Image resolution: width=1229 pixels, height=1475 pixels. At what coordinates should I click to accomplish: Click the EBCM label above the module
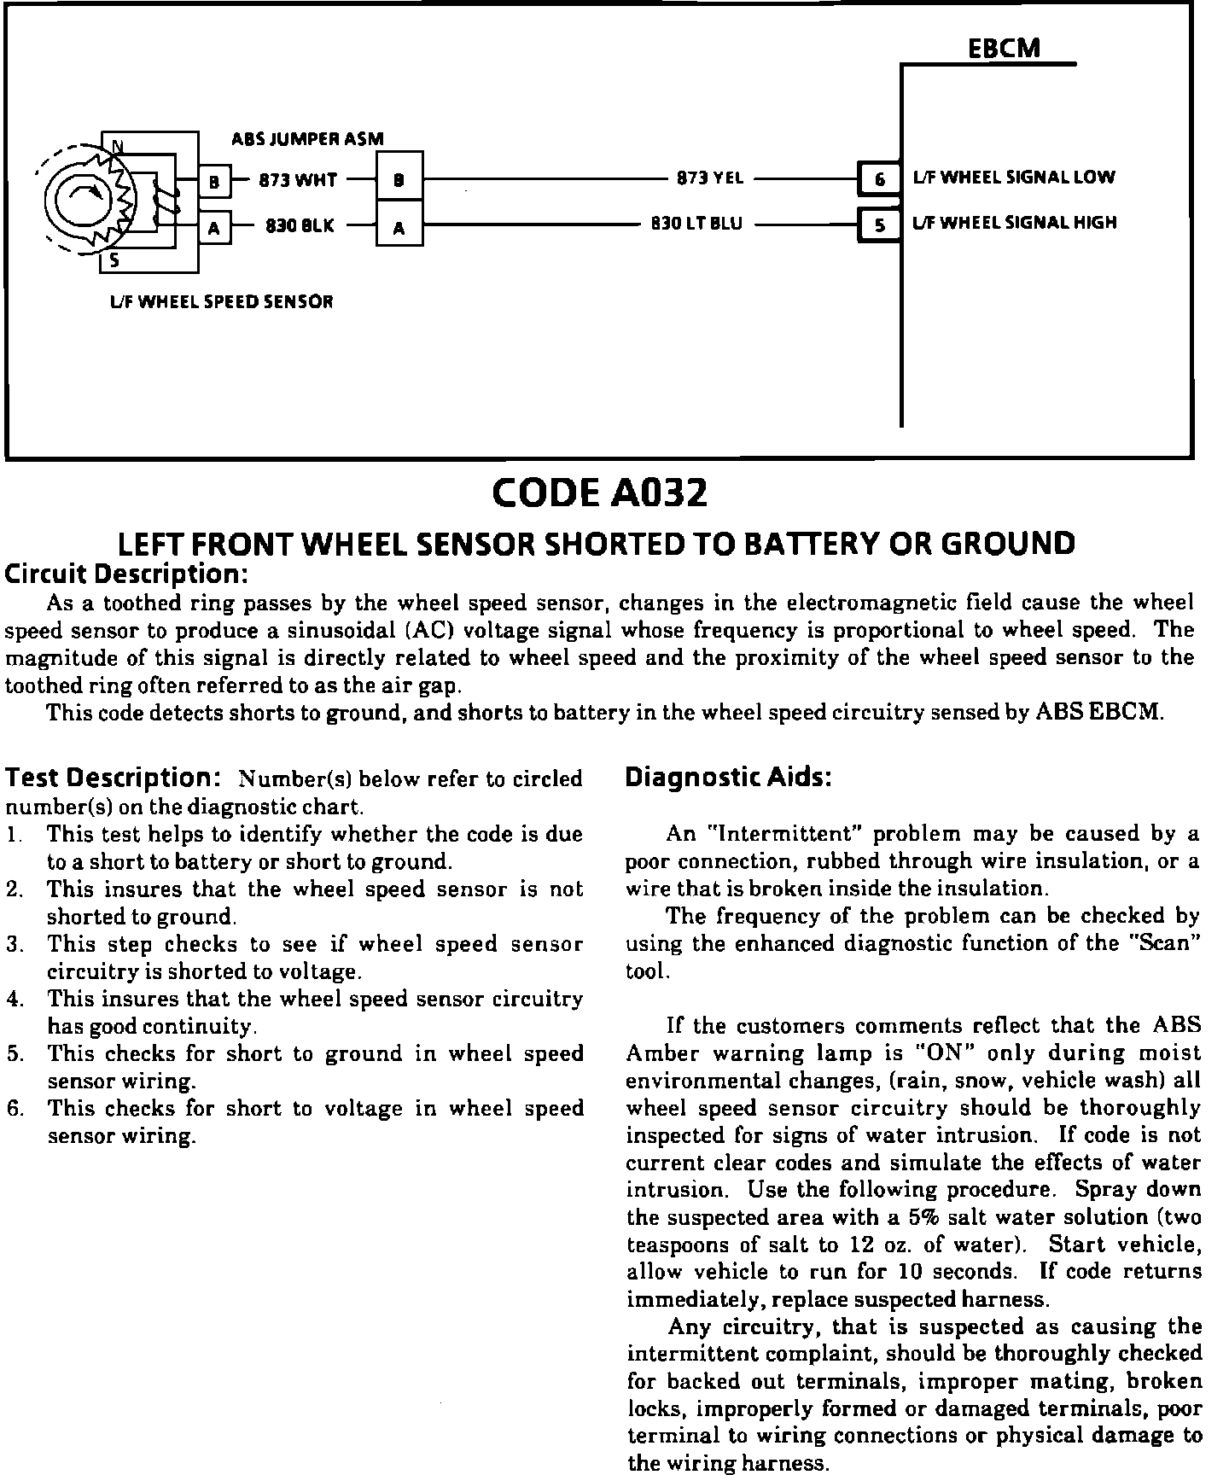click(x=1005, y=48)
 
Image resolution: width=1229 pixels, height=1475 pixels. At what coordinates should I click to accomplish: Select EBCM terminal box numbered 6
click(x=878, y=179)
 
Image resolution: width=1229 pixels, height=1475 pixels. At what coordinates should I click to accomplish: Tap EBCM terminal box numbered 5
click(x=878, y=225)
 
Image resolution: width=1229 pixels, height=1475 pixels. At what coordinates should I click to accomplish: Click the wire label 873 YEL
click(x=709, y=178)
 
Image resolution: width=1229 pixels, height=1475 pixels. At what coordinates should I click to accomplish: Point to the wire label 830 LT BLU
click(x=696, y=224)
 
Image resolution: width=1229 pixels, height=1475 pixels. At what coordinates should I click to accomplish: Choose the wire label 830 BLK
click(x=300, y=226)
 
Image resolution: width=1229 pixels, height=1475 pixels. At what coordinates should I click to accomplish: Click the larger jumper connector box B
click(x=399, y=180)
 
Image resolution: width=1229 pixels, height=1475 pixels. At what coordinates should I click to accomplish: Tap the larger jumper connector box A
click(x=399, y=227)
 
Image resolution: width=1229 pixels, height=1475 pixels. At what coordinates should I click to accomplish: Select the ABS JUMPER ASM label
click(x=307, y=138)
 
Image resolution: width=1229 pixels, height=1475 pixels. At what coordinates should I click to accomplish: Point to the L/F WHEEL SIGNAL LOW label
click(x=1014, y=178)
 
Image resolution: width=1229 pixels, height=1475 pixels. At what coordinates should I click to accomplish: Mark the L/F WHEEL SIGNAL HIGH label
click(x=1015, y=223)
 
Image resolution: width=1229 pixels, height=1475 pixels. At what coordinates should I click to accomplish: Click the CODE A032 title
click(x=600, y=493)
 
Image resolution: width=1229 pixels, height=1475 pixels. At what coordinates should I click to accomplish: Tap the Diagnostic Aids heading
click(x=728, y=778)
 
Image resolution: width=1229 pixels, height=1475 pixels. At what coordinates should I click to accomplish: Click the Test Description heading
click(x=114, y=778)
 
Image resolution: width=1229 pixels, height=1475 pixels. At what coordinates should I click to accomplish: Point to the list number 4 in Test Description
click(x=14, y=999)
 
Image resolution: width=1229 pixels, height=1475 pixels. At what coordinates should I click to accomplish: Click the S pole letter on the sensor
click(x=114, y=262)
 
